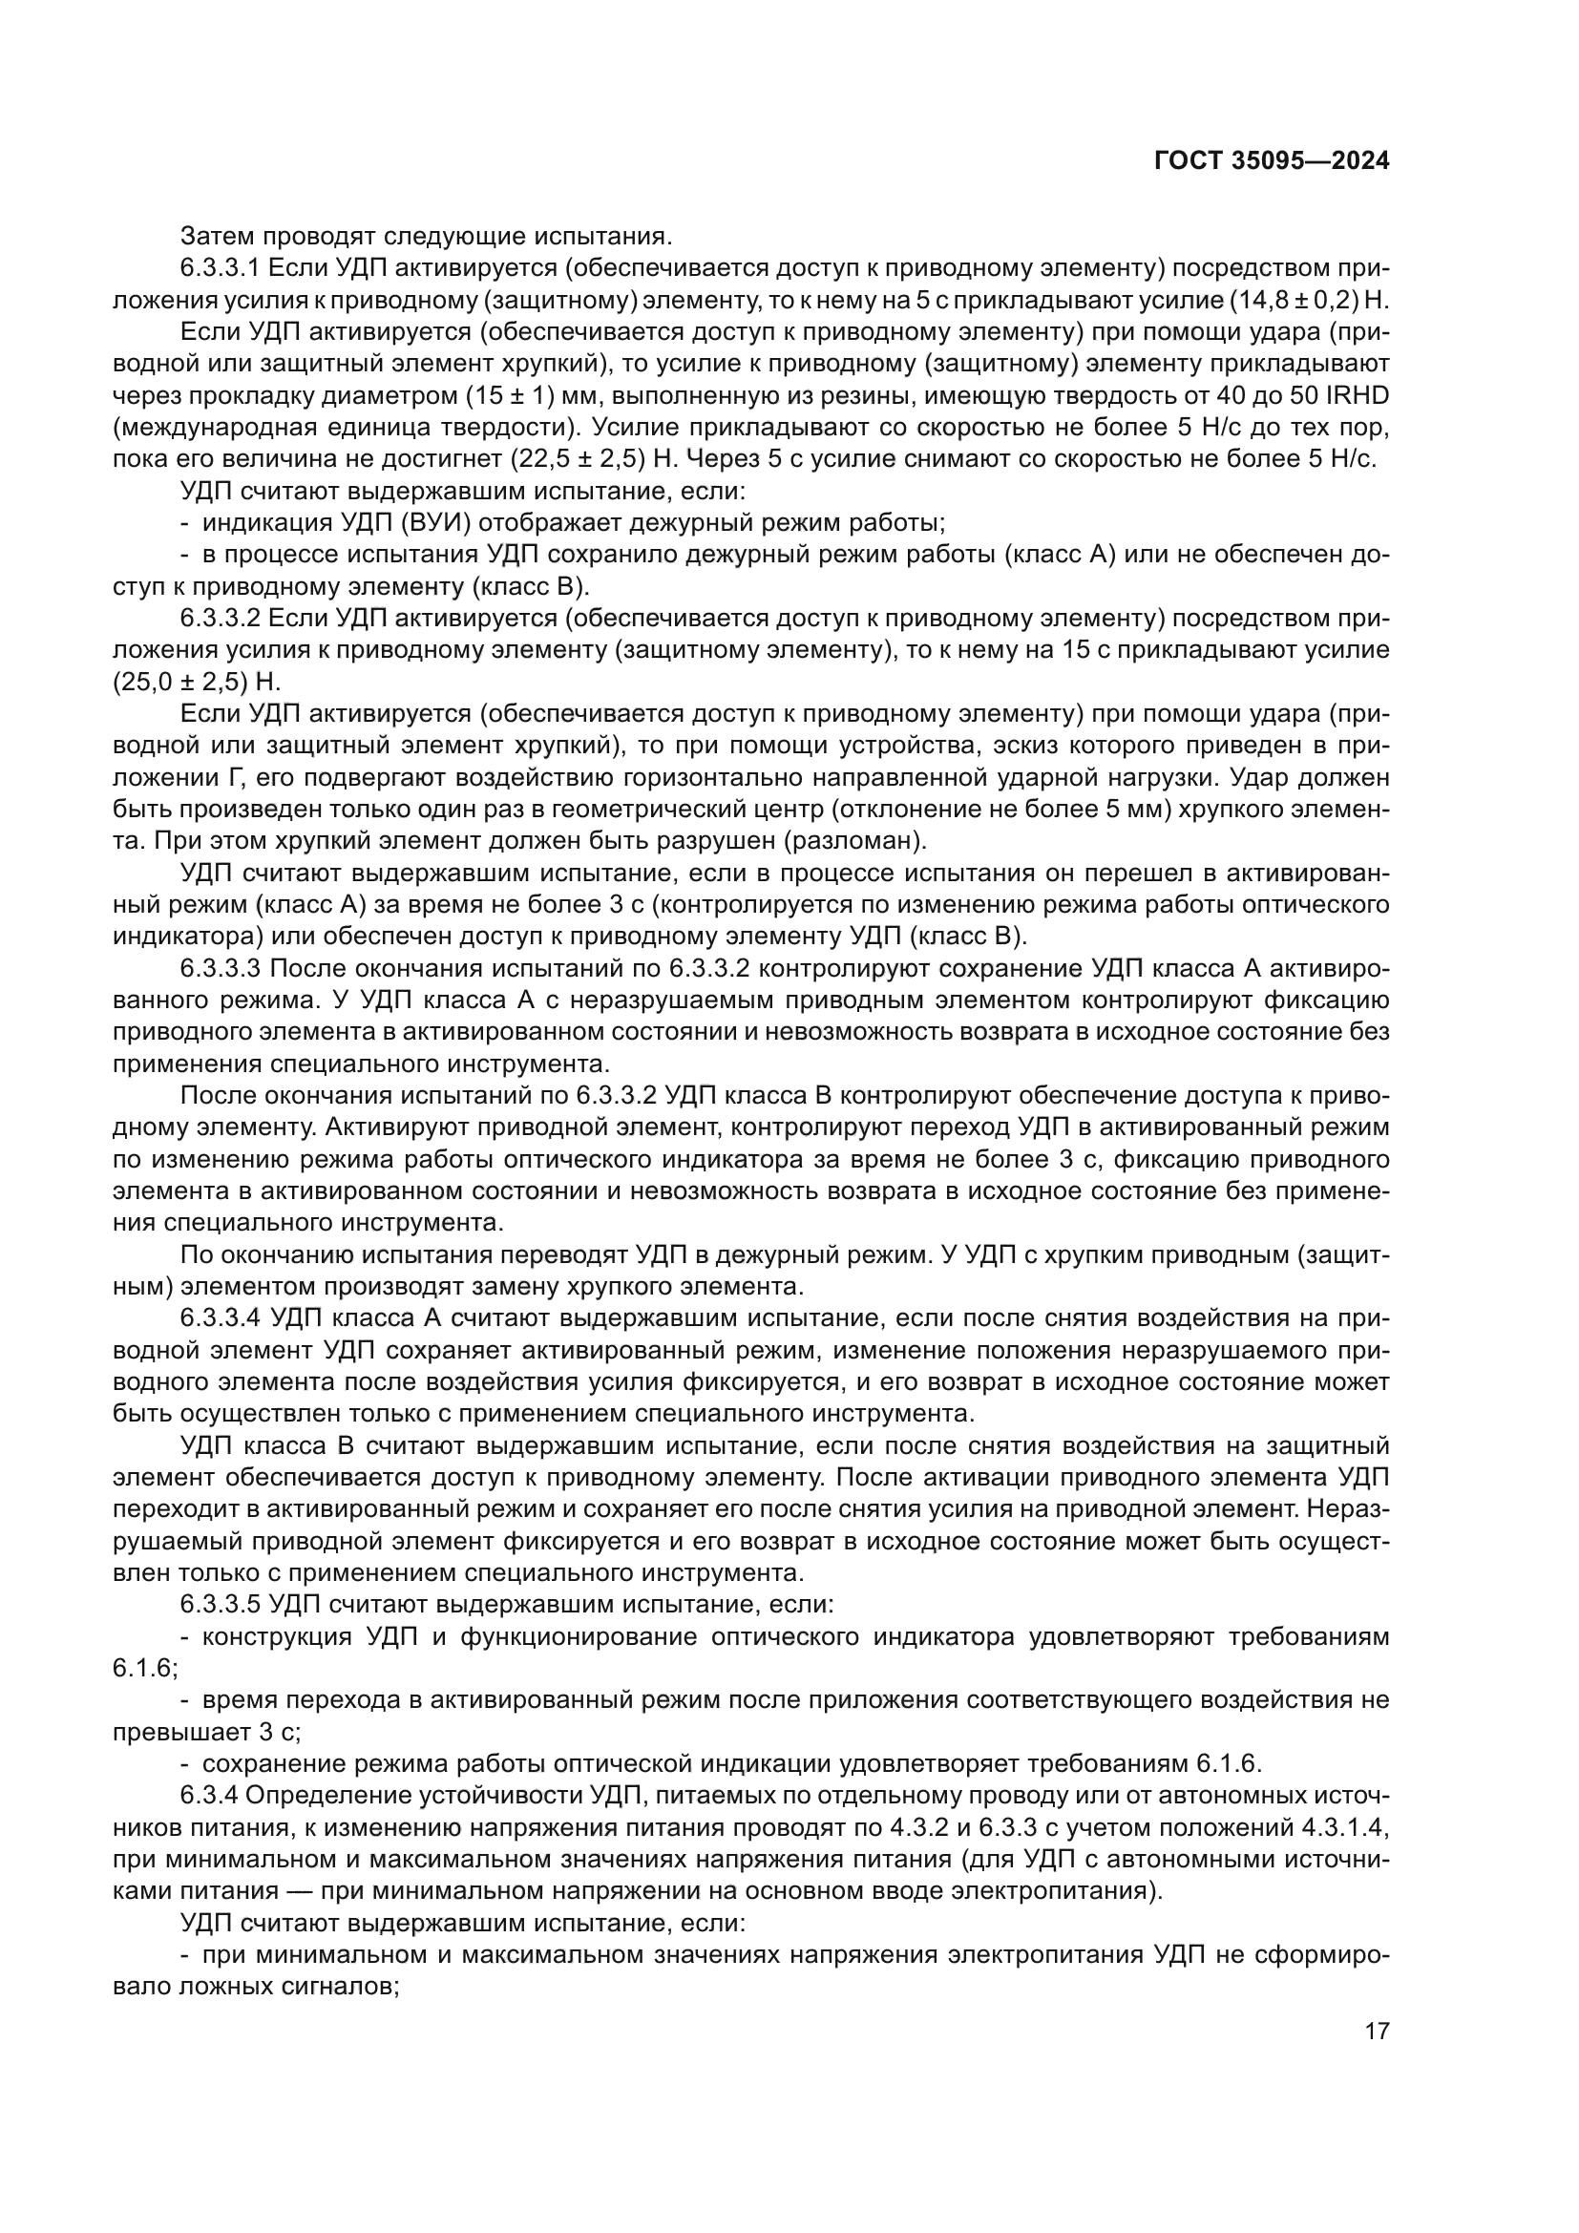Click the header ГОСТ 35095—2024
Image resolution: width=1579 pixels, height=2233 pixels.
(x=1272, y=161)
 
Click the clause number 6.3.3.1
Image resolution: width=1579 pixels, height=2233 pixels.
(x=222, y=267)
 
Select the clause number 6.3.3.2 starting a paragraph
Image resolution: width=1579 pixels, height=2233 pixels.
(x=222, y=618)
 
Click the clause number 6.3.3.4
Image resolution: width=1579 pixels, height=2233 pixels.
(x=222, y=1317)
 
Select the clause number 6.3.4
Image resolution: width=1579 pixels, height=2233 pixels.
(x=212, y=1795)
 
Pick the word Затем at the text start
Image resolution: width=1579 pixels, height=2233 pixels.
(x=215, y=236)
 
